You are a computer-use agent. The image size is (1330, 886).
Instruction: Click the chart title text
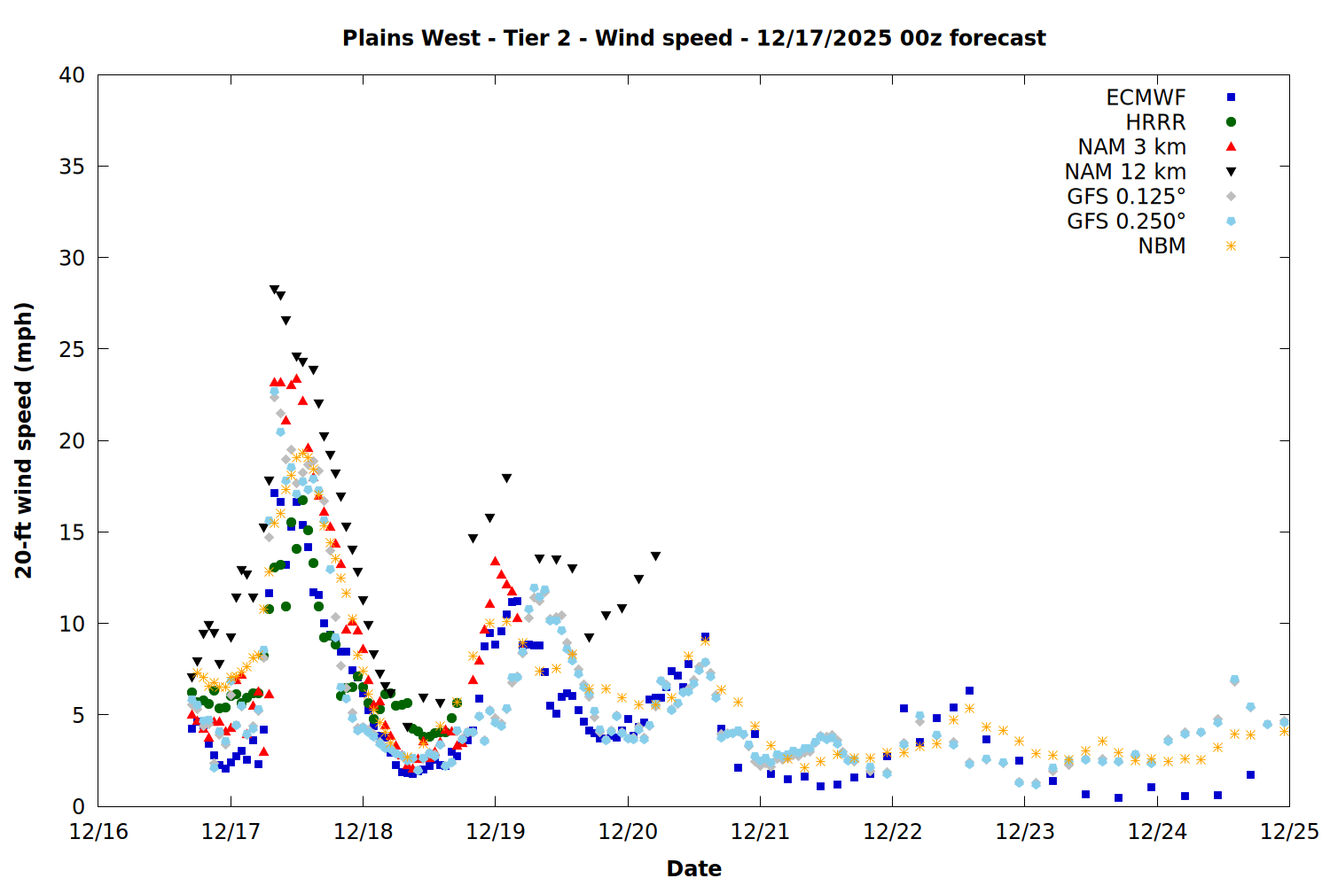click(x=693, y=38)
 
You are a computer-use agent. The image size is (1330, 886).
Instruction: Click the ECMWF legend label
click(x=1146, y=97)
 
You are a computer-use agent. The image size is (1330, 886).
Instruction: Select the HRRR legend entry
click(x=1155, y=122)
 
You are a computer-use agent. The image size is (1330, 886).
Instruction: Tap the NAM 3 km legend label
click(x=1131, y=147)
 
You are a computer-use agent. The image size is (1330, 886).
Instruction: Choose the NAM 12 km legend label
click(x=1125, y=172)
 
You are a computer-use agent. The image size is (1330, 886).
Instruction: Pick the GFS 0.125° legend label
click(x=1126, y=197)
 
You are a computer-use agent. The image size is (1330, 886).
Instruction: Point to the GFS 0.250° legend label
click(x=1126, y=221)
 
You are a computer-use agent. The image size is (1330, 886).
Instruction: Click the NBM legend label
click(x=1162, y=246)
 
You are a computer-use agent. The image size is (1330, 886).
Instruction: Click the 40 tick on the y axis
click(x=72, y=75)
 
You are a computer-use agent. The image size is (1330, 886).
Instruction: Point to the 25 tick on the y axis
click(x=72, y=349)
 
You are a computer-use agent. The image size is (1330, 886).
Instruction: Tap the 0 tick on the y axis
click(x=78, y=806)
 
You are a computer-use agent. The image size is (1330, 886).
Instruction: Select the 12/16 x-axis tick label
click(x=98, y=832)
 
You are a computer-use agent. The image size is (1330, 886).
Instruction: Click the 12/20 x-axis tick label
click(x=628, y=832)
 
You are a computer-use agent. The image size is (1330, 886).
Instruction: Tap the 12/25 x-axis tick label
click(x=1289, y=832)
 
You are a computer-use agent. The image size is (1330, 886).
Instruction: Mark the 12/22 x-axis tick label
click(x=892, y=832)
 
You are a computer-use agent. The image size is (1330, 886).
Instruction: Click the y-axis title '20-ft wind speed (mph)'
click(x=24, y=440)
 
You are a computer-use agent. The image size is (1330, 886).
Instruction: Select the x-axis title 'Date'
click(x=693, y=868)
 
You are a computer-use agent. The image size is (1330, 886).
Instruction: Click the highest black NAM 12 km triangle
click(x=274, y=290)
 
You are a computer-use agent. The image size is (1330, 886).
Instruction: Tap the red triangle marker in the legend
click(x=1231, y=147)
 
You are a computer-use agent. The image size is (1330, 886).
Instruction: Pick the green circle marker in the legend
click(x=1231, y=122)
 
